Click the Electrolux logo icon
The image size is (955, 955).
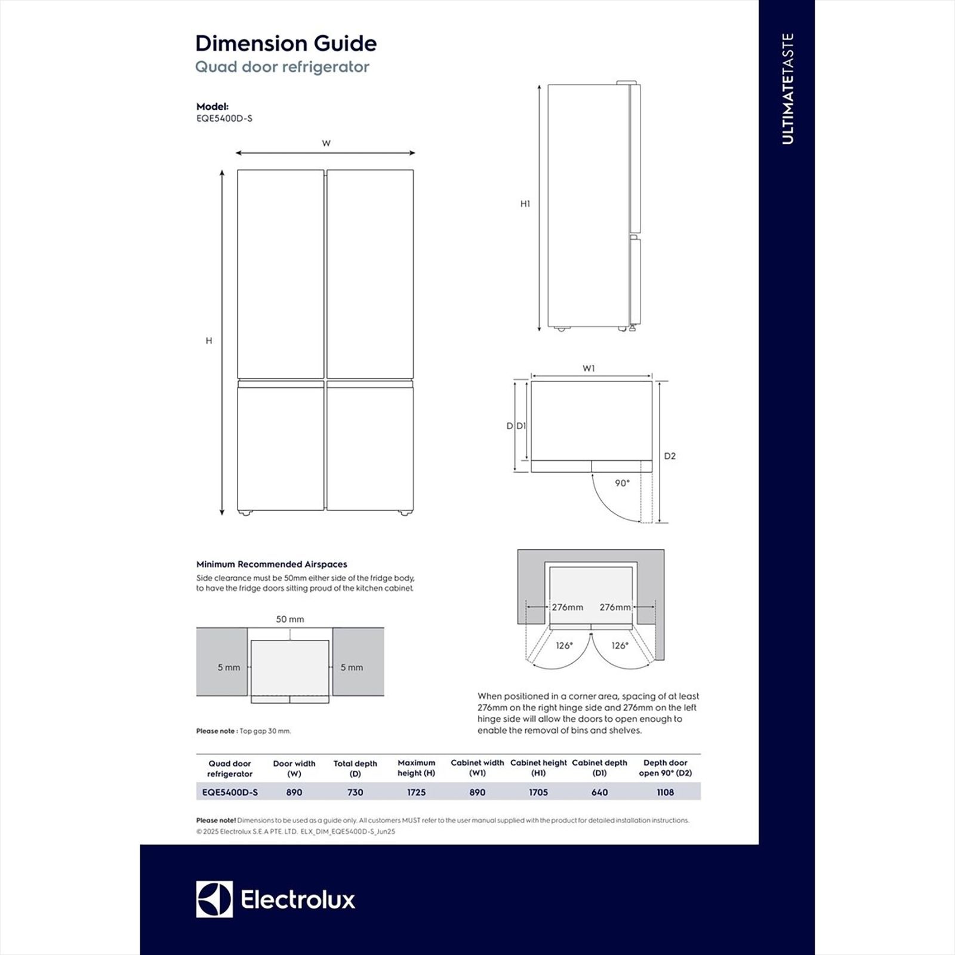[214, 899]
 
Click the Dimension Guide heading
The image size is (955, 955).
[286, 44]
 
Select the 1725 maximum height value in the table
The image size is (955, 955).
[416, 792]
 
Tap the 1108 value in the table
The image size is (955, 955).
[665, 792]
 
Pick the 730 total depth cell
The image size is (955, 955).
[355, 792]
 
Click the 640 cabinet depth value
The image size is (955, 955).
[599, 792]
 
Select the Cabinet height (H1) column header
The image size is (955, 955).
[538, 768]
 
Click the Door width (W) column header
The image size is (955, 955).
[294, 768]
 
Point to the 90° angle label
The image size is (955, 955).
[622, 483]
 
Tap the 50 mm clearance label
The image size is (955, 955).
[290, 619]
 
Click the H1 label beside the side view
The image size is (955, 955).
[525, 204]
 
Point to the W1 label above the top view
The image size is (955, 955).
[589, 368]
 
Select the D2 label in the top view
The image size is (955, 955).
[670, 456]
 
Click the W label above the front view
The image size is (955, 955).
[326, 143]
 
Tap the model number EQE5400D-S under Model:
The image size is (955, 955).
[224, 118]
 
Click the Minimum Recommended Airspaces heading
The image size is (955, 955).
[272, 564]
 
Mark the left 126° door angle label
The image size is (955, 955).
[564, 645]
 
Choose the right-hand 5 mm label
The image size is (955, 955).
[352, 667]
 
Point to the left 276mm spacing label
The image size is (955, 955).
[567, 607]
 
